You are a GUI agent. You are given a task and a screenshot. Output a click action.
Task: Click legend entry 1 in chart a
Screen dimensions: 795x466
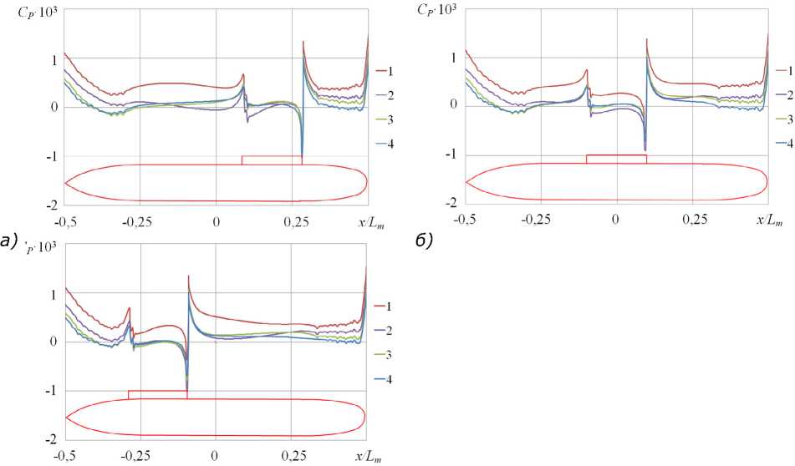point(384,72)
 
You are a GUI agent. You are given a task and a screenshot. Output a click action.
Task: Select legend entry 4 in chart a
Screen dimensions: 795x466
point(384,144)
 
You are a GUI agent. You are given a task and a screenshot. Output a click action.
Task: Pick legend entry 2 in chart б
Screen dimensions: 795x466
point(784,94)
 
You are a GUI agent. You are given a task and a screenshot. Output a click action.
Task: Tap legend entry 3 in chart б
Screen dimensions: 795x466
point(784,119)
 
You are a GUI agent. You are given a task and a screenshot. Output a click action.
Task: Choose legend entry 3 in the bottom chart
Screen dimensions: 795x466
point(384,355)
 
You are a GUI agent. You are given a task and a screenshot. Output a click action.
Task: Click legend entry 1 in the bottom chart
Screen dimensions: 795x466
point(384,306)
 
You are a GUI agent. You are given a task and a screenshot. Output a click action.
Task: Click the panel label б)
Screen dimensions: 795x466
point(424,241)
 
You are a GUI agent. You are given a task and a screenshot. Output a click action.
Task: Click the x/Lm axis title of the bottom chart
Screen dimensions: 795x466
point(369,456)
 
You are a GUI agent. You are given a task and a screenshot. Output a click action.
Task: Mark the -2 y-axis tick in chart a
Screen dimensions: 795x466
point(52,205)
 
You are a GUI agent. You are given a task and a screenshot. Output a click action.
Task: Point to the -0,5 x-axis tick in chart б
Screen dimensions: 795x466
point(465,220)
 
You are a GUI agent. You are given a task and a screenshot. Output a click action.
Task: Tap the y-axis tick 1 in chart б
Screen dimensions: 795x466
point(454,58)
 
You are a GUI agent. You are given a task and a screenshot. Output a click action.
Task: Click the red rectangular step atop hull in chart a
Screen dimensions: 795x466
point(272,156)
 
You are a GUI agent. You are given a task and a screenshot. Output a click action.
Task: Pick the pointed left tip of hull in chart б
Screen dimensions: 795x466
point(466,181)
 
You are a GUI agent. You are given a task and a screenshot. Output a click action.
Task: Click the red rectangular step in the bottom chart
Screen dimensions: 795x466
point(158,391)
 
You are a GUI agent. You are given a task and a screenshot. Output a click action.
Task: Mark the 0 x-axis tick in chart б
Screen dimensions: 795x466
point(616,220)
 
